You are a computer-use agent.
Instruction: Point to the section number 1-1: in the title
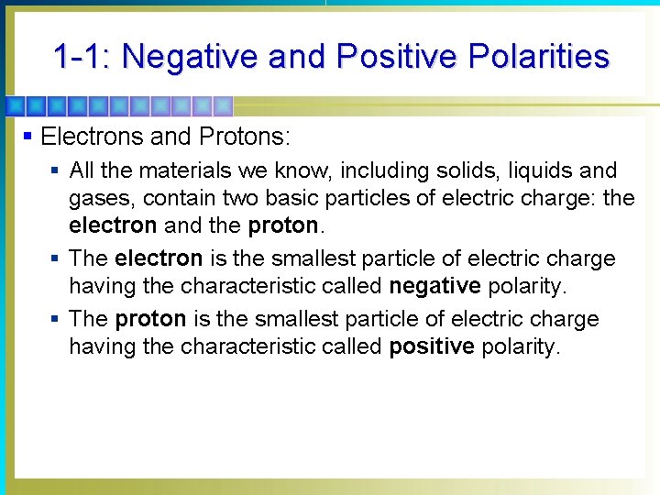tap(82, 57)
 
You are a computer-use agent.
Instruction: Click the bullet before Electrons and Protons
tap(28, 137)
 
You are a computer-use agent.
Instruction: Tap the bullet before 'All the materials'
tap(56, 170)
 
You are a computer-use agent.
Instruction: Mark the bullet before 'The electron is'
tap(56, 258)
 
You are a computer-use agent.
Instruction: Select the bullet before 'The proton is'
tap(56, 319)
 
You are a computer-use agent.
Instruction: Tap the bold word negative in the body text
tap(434, 286)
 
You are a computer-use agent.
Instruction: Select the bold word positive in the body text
tap(432, 347)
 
